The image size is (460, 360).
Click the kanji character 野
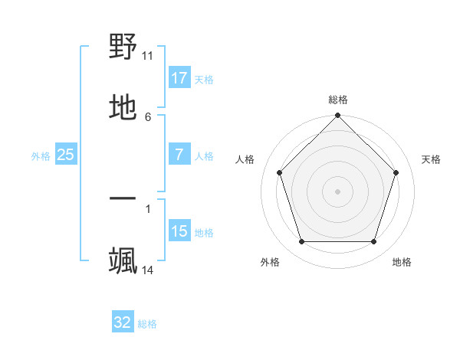pyautogui.click(x=123, y=47)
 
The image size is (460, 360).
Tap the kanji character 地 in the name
pyautogui.click(x=123, y=108)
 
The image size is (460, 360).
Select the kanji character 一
pyautogui.click(x=123, y=199)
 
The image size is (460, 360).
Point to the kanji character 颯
pyautogui.click(x=123, y=261)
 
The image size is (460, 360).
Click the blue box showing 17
pyautogui.click(x=179, y=78)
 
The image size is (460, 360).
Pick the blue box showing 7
pyautogui.click(x=179, y=155)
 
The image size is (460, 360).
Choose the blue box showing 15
pyautogui.click(x=179, y=231)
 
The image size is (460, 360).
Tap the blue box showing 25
pyautogui.click(x=66, y=155)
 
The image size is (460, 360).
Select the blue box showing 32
pyautogui.click(x=123, y=322)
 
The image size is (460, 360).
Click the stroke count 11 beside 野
pyautogui.click(x=148, y=56)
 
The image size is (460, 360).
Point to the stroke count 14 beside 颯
pyautogui.click(x=148, y=270)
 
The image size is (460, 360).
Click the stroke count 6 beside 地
pyautogui.click(x=148, y=116)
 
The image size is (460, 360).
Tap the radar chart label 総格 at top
pyautogui.click(x=338, y=100)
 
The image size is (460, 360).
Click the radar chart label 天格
pyautogui.click(x=431, y=160)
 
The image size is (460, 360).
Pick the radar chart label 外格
pyautogui.click(x=270, y=263)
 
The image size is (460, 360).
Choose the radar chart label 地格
pyautogui.click(x=402, y=263)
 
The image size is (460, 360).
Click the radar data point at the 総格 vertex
pyautogui.click(x=338, y=116)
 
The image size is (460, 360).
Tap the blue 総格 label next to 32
pyautogui.click(x=147, y=324)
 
